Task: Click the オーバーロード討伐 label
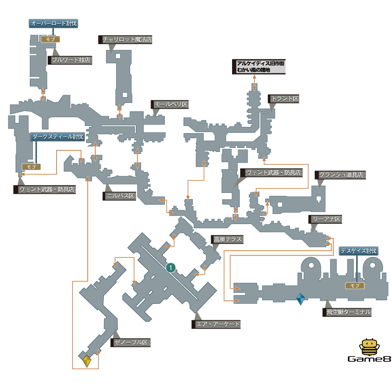point(53,24)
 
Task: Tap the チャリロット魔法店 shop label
point(126,40)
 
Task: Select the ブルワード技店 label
point(71,60)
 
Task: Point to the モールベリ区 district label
point(170,105)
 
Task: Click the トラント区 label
point(284,99)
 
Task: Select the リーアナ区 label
point(326,219)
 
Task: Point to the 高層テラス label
point(227,240)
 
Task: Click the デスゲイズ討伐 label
point(359,251)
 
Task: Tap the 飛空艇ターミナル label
point(347,312)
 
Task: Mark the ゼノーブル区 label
point(131,343)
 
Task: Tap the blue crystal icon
point(301,299)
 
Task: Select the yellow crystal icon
point(87,361)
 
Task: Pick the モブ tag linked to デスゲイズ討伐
point(355,286)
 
